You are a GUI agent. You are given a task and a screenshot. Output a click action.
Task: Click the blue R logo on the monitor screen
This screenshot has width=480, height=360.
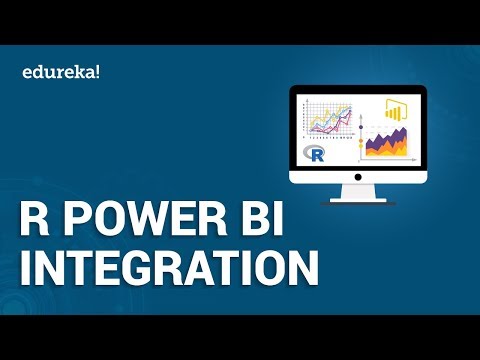pos(318,153)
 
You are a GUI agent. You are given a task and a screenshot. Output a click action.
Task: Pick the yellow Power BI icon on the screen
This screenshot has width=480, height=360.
pos(393,109)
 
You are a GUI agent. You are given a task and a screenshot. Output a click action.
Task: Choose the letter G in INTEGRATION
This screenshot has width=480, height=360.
pos(139,271)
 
